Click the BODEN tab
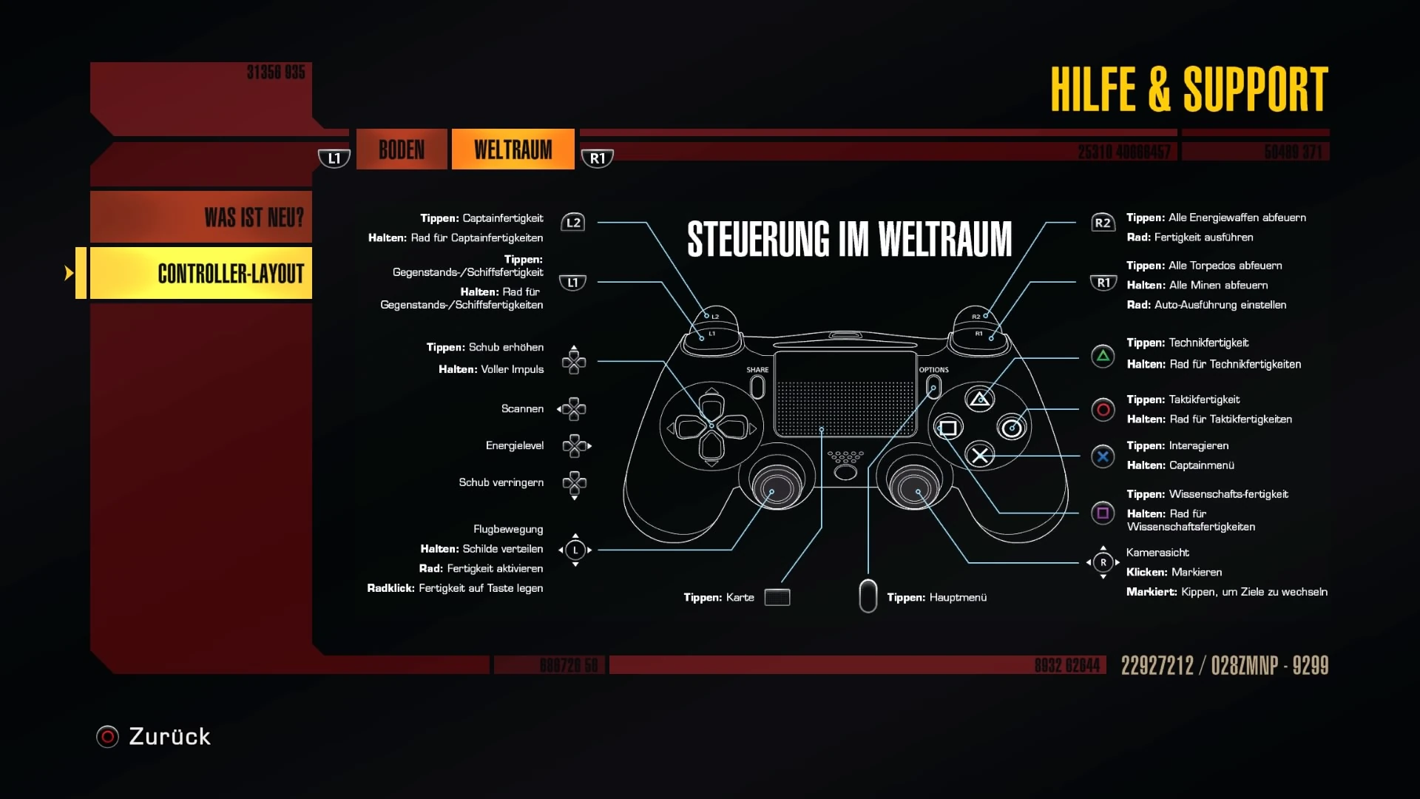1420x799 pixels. [x=402, y=149]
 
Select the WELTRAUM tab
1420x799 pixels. [x=513, y=149]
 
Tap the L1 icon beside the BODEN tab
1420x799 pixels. [x=334, y=158]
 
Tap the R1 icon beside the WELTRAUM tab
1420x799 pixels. [x=598, y=158]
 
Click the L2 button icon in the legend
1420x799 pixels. [x=573, y=223]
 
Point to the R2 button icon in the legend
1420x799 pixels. [x=1102, y=223]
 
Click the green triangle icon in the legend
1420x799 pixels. [x=1103, y=357]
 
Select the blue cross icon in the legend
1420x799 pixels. [x=1103, y=456]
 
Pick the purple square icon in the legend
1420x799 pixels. [x=1103, y=513]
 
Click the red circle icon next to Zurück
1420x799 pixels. [x=107, y=737]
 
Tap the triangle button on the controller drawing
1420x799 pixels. [x=980, y=399]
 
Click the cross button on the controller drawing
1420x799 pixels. [x=980, y=455]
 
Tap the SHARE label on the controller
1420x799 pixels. [x=757, y=370]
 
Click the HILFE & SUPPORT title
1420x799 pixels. [x=1189, y=90]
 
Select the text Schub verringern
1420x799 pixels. [x=501, y=482]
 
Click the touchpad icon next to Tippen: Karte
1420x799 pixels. [x=777, y=597]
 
